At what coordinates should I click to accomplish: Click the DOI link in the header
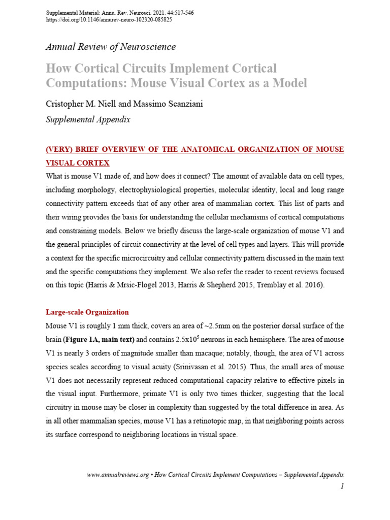[109, 20]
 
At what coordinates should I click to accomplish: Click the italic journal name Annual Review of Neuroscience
[111, 47]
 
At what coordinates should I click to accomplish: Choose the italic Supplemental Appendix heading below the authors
[88, 120]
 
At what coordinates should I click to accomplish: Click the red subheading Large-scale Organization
[87, 312]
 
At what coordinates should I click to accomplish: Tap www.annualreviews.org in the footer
[118, 474]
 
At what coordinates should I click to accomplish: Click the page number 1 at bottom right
[342, 486]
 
